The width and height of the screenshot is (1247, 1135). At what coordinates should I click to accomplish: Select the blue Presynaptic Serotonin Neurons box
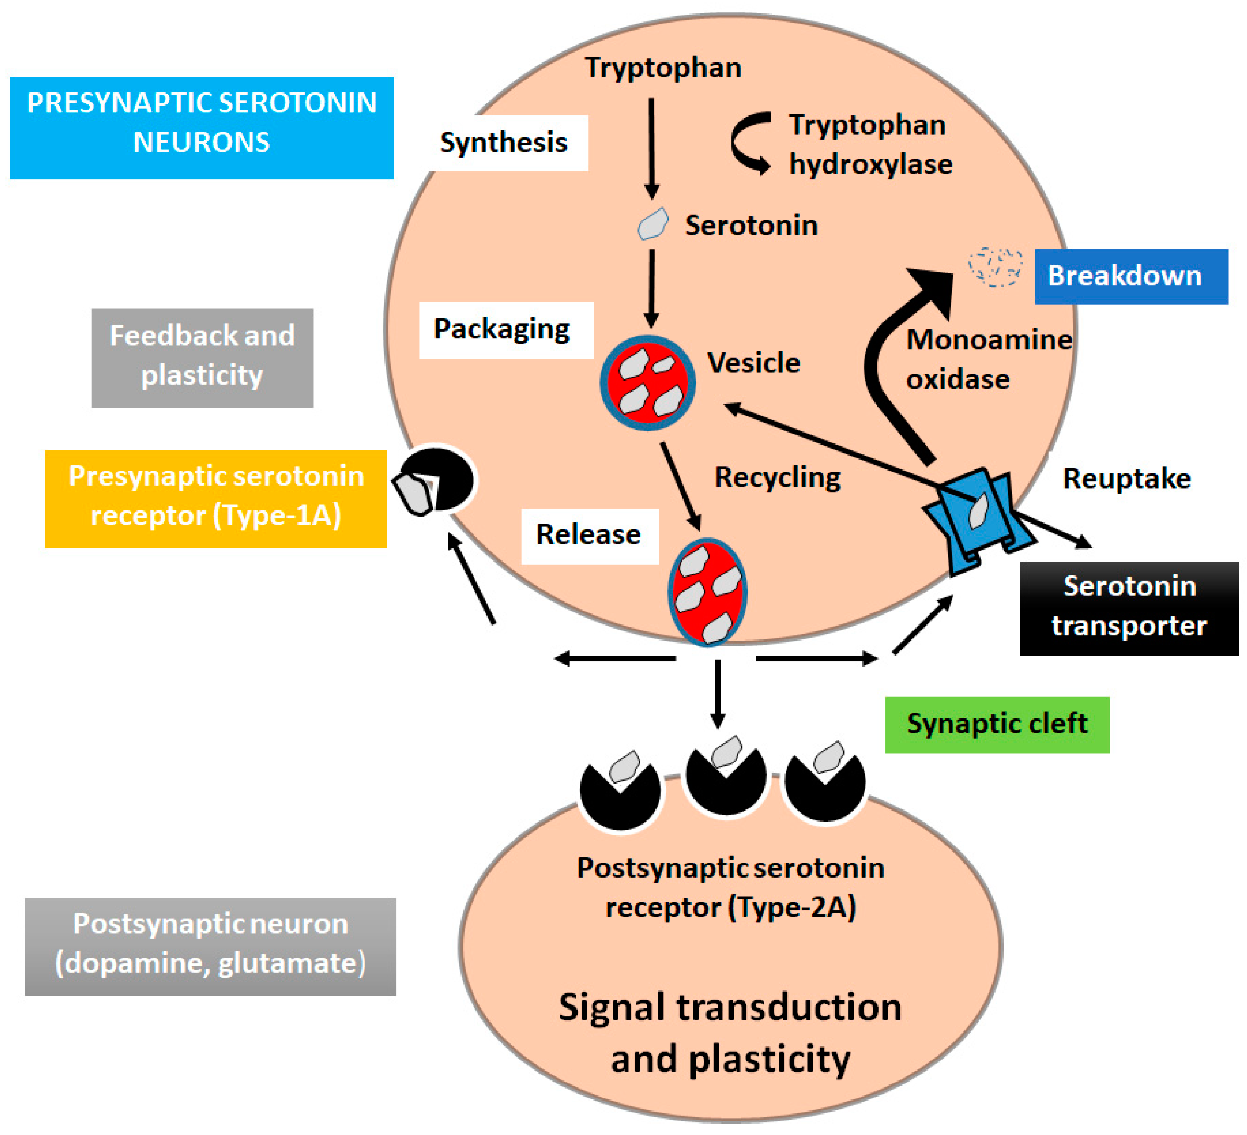[x=202, y=128]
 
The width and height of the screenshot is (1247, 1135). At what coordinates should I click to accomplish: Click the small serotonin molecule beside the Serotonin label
[x=653, y=224]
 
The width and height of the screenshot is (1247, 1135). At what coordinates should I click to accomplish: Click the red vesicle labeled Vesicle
[x=648, y=383]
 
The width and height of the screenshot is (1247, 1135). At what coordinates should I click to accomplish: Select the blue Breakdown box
[x=1131, y=276]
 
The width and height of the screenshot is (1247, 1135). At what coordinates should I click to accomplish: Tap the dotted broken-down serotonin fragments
[x=994, y=267]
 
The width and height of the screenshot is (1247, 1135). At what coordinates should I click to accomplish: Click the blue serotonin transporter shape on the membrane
[x=980, y=521]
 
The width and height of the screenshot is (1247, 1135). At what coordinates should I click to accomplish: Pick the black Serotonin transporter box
[x=1129, y=608]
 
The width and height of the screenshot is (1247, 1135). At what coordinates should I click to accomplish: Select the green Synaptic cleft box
[x=997, y=725]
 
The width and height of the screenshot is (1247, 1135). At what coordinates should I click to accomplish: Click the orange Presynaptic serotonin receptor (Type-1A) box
[x=216, y=499]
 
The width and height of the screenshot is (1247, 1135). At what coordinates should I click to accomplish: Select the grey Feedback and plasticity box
[x=202, y=358]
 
